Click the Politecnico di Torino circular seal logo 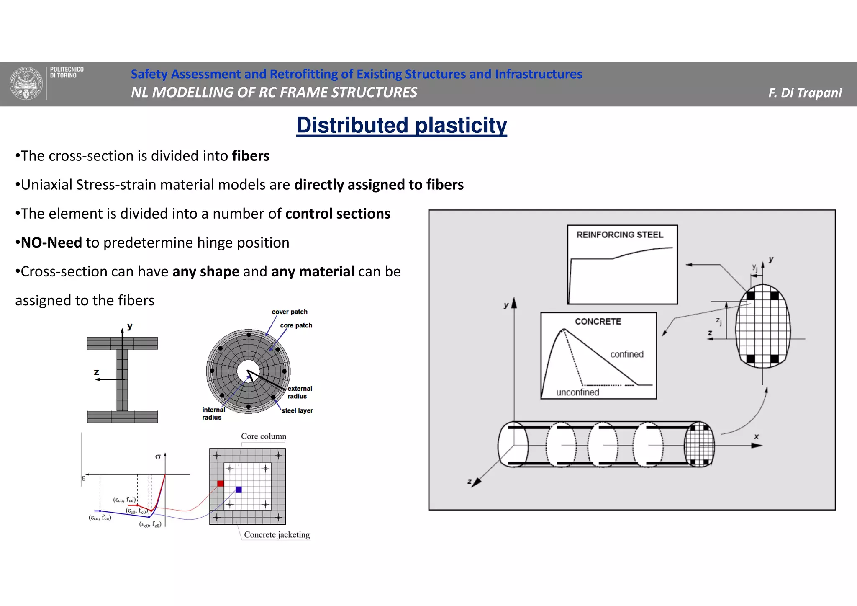click(26, 83)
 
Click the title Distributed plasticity click(401, 125)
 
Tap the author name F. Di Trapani click(805, 93)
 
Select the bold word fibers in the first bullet click(251, 156)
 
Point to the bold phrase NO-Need click(51, 242)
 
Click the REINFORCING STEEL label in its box click(620, 235)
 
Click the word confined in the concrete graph click(626, 354)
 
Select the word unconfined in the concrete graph click(577, 392)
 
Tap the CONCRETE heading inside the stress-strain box click(598, 321)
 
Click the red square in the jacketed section click(221, 484)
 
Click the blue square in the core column click(239, 490)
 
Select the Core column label click(264, 436)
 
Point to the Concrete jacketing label click(277, 535)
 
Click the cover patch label click(290, 312)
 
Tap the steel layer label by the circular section click(297, 410)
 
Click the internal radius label click(213, 414)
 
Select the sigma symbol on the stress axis click(158, 457)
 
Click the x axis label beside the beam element click(756, 436)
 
